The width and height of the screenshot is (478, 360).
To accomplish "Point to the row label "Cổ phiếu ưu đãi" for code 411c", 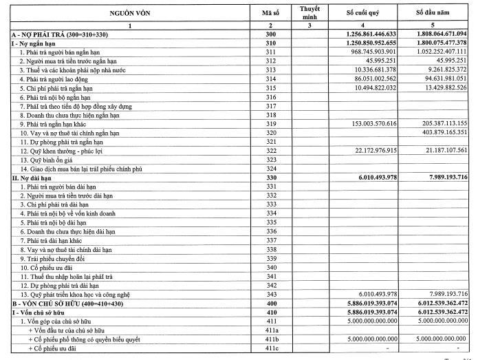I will [x=54, y=348].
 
